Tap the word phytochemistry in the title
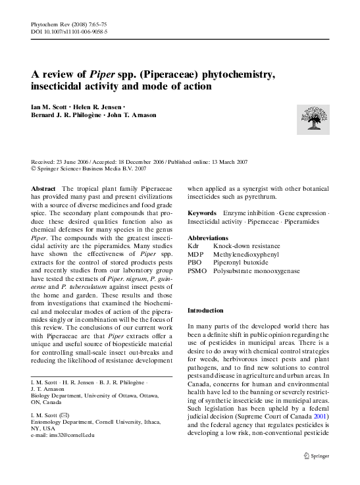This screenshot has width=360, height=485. coord(236,74)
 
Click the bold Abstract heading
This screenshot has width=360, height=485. coord(43,189)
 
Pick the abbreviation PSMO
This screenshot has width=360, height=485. coord(197,270)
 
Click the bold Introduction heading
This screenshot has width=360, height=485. coord(205,310)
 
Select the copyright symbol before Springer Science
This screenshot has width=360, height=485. coord(34,168)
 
